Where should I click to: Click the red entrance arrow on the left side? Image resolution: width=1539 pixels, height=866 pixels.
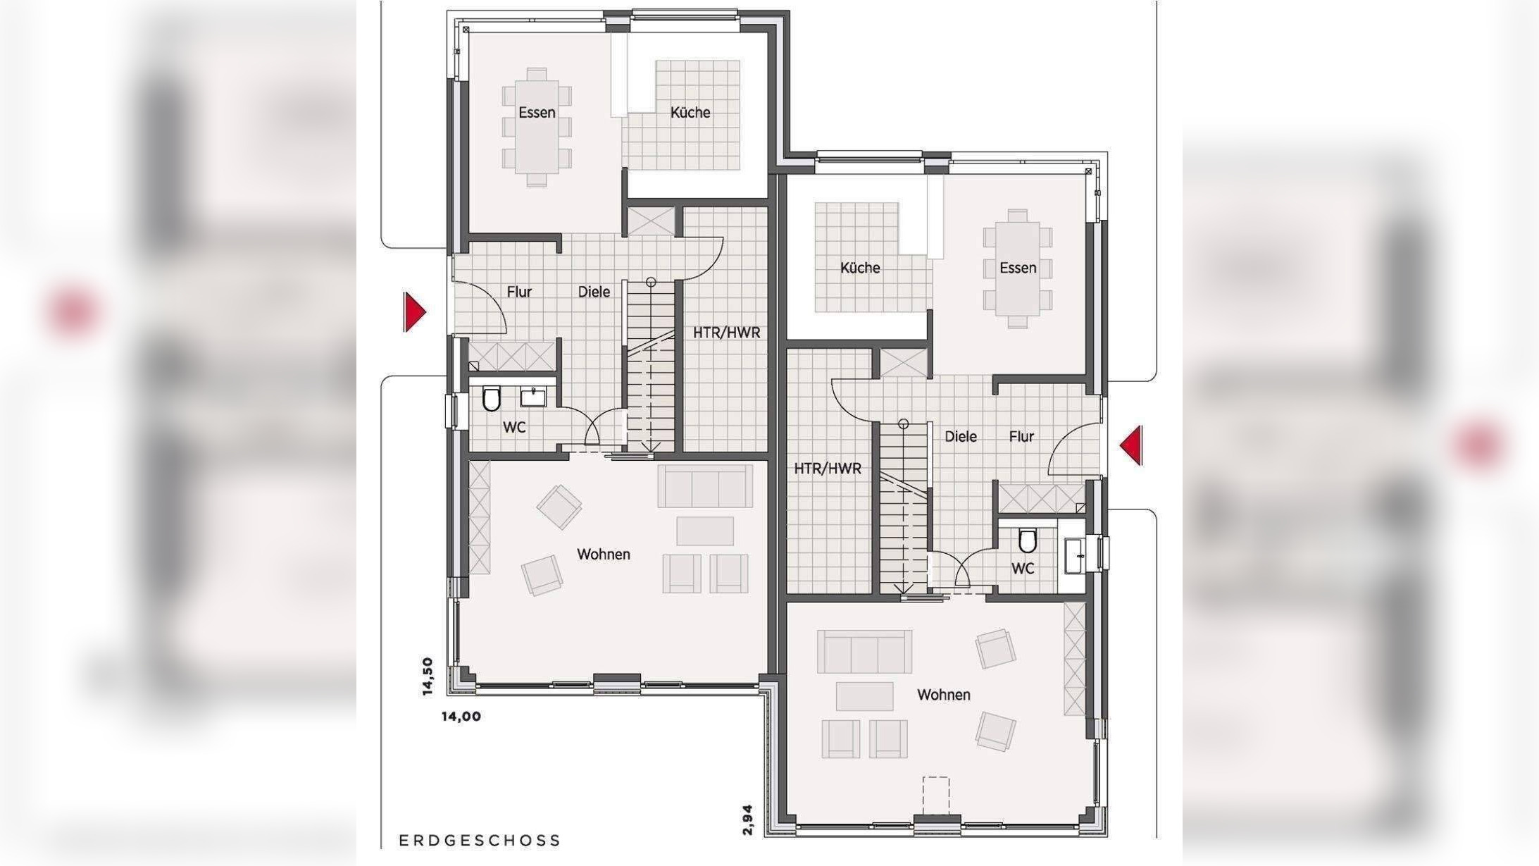[x=414, y=311]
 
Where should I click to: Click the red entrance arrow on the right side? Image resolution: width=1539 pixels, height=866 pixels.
[x=1132, y=445]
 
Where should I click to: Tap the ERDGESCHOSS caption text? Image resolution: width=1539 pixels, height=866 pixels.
[x=480, y=841]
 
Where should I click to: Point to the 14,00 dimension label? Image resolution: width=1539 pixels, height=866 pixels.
[x=461, y=717]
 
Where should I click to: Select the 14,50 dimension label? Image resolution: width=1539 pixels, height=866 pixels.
[x=428, y=676]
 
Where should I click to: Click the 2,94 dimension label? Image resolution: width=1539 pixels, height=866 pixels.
[x=748, y=820]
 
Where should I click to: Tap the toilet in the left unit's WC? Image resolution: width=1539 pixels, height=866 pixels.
[x=491, y=399]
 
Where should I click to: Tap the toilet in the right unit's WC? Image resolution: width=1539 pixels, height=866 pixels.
[x=1028, y=541]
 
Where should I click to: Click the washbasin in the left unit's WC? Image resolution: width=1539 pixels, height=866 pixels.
[x=533, y=397]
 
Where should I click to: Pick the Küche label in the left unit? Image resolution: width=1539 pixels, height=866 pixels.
[x=690, y=113]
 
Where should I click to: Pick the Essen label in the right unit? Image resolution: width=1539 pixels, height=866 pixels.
[x=1018, y=268]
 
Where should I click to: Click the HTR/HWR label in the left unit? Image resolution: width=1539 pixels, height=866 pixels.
[x=727, y=333]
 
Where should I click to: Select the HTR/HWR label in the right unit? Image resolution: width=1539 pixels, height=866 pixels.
[x=828, y=469]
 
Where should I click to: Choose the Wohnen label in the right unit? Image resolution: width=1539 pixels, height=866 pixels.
[x=944, y=695]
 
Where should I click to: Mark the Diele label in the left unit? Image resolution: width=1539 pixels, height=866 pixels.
[x=594, y=292]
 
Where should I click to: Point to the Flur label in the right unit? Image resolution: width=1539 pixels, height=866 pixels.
[x=1021, y=437]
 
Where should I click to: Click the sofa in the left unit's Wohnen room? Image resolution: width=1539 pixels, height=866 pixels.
[x=705, y=485]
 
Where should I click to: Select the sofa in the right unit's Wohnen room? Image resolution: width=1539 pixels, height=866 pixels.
[x=864, y=651]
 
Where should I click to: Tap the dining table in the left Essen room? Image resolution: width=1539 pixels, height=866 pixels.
[x=537, y=127]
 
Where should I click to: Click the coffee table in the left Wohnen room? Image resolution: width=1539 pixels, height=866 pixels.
[x=705, y=531]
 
